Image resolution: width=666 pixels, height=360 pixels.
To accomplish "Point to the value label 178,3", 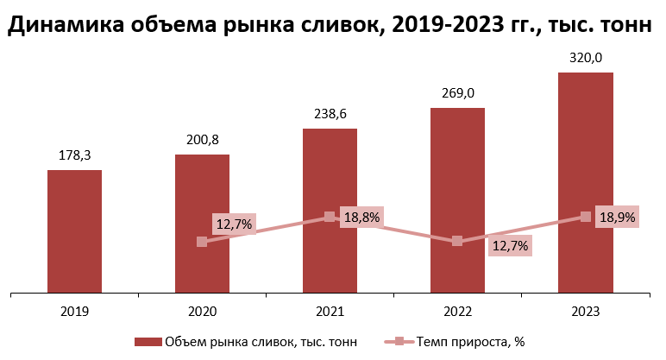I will click(74, 155).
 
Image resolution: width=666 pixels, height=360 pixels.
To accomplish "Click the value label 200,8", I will click(202, 139).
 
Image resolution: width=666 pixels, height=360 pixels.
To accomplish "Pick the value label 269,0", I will click(457, 92).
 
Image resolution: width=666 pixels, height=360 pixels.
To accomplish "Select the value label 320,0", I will click(585, 57).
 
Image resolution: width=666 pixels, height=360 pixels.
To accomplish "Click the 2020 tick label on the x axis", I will click(202, 311).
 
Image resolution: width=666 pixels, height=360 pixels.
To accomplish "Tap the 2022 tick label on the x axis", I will click(457, 311).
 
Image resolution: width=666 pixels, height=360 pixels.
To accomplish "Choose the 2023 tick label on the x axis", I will click(585, 311).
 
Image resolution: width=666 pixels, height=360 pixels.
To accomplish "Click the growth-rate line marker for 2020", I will click(202, 242).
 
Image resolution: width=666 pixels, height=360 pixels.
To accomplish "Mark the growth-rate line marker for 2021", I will click(330, 217).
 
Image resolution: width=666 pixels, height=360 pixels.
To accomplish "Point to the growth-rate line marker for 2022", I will click(457, 242).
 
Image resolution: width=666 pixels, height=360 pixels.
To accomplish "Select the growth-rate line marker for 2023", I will click(586, 217).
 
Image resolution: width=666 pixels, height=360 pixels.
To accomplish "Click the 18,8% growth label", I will click(361, 218).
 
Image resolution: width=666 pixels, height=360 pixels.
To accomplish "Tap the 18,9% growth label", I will click(616, 218).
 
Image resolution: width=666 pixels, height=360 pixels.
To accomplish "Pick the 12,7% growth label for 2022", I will click(509, 246).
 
